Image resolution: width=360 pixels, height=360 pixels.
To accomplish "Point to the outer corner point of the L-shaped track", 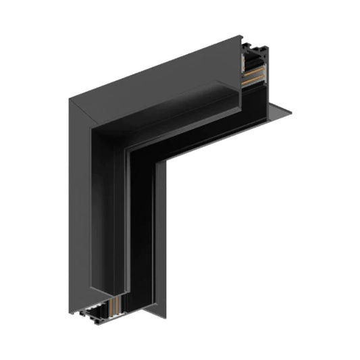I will coord(69,99).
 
